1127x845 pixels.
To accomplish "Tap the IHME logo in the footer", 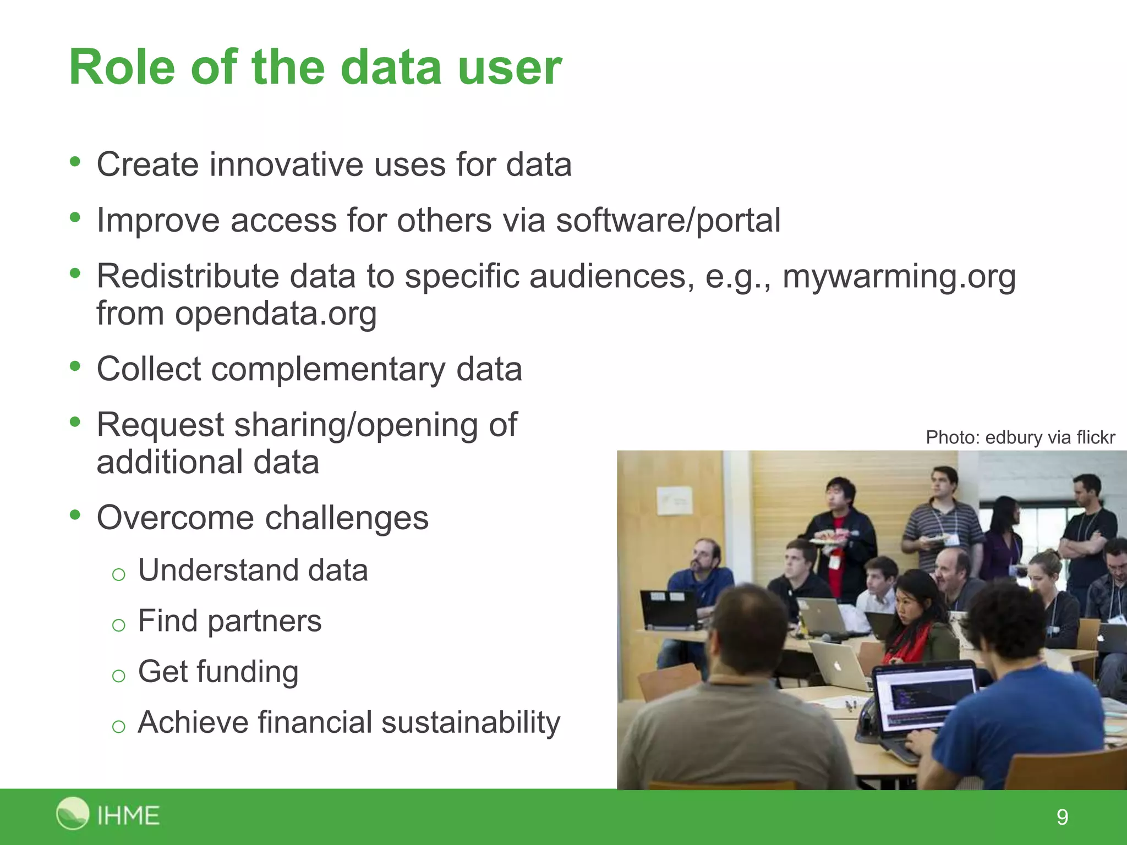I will (x=108, y=814).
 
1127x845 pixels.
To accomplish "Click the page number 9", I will (x=1062, y=817).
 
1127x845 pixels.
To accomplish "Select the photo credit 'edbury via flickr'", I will (x=1049, y=437).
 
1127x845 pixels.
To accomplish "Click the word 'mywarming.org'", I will (x=899, y=276).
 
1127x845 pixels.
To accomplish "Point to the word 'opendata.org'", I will (x=275, y=314).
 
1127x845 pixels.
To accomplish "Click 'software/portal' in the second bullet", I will (x=668, y=221).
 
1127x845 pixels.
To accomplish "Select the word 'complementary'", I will (x=328, y=369).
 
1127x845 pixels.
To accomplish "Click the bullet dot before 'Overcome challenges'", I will (x=75, y=515).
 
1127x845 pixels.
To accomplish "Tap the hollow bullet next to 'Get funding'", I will (x=118, y=676).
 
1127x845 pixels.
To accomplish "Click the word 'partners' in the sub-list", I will (x=264, y=622).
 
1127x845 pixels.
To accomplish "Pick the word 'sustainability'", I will (x=471, y=722).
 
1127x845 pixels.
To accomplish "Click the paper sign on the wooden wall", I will (x=675, y=501).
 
